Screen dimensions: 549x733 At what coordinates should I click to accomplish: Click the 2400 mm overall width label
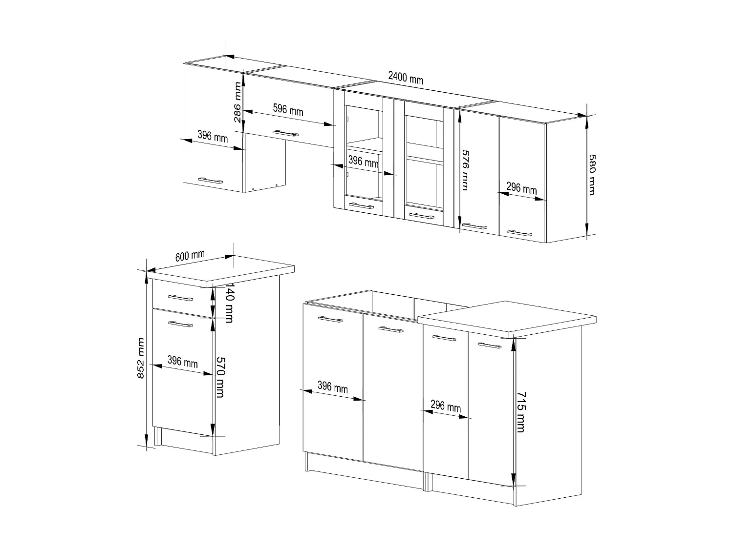click(x=406, y=78)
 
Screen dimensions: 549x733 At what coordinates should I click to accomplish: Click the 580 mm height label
click(x=592, y=175)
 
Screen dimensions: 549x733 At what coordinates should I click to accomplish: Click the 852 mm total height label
click(x=141, y=358)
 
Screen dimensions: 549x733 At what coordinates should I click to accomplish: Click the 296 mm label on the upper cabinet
click(x=521, y=188)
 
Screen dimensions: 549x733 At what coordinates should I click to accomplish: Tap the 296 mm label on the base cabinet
click(x=446, y=406)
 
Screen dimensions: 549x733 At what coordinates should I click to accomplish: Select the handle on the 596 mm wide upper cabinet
click(x=285, y=133)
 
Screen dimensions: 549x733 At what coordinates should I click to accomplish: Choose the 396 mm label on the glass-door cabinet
click(x=363, y=161)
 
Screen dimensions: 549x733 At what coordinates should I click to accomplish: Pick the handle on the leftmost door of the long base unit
click(x=330, y=320)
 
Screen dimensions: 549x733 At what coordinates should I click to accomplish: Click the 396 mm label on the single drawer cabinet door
click(x=182, y=361)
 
